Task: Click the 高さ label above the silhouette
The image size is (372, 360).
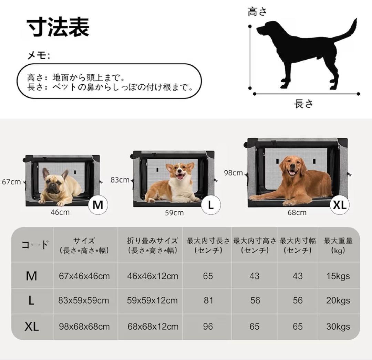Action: click(x=258, y=12)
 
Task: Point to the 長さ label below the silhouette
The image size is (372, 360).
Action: click(x=304, y=103)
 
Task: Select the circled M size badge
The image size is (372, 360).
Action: click(x=98, y=205)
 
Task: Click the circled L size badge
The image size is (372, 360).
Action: click(x=211, y=205)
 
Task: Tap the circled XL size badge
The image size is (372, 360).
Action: click(x=339, y=205)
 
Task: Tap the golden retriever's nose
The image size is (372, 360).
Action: click(x=292, y=169)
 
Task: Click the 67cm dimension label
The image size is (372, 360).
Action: click(x=11, y=182)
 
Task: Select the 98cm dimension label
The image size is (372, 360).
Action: click(x=233, y=173)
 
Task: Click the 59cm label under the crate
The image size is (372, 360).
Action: click(x=174, y=213)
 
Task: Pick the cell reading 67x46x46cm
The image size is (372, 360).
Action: click(x=84, y=276)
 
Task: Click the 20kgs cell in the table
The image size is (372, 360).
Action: click(x=338, y=300)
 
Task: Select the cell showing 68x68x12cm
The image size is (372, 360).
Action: click(x=153, y=326)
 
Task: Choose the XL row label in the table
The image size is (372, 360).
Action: click(x=31, y=327)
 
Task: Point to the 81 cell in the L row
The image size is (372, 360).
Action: click(x=208, y=300)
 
